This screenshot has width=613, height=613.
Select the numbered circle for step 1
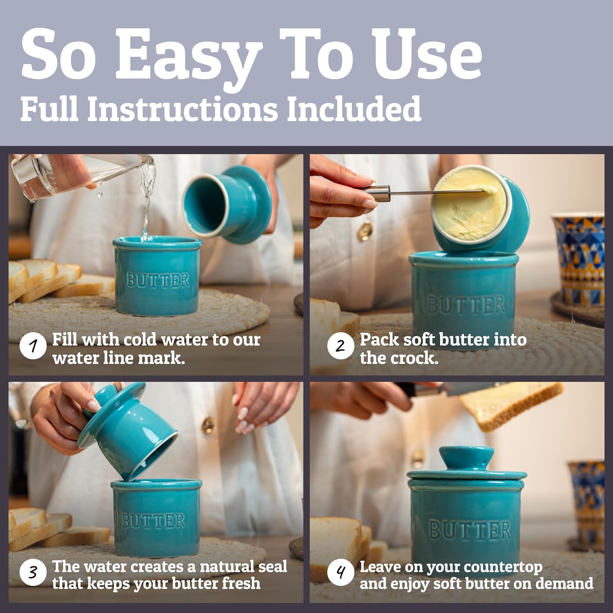pyautogui.click(x=33, y=347)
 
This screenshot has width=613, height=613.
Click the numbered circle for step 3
pyautogui.click(x=33, y=573)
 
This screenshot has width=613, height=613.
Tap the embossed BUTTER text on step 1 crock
pyautogui.click(x=158, y=280)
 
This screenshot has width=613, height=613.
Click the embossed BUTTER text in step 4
pyautogui.click(x=470, y=530)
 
